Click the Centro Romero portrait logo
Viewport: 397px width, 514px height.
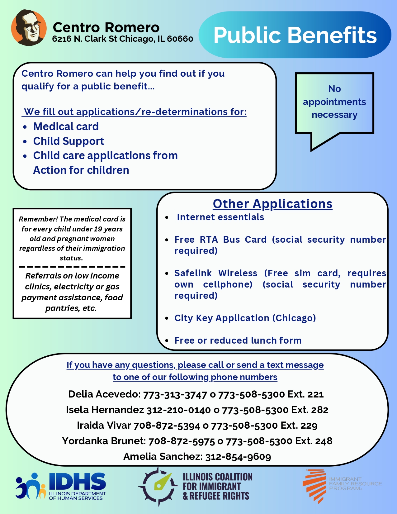[29, 27]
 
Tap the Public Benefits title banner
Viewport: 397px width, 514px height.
[295, 35]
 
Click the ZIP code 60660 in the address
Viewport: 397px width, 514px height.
[180, 39]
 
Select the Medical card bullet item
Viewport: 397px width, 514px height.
[66, 126]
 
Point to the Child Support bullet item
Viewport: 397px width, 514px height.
[69, 141]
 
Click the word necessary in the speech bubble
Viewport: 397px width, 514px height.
[334, 115]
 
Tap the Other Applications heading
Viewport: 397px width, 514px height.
[272, 204]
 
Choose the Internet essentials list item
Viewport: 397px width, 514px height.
[220, 217]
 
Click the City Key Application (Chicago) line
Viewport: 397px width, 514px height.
[245, 318]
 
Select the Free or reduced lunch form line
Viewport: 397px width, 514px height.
[238, 340]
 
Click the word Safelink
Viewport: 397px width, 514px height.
[193, 273]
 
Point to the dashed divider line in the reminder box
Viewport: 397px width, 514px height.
[72, 267]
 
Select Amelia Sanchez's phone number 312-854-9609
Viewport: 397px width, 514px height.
[238, 457]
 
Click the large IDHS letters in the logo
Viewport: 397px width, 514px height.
[77, 481]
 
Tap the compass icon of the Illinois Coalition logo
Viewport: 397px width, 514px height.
[158, 486]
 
